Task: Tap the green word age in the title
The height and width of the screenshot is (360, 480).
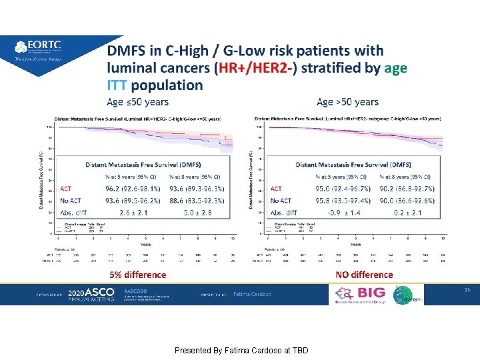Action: tap(395, 68)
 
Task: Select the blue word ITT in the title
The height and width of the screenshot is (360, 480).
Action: tap(117, 85)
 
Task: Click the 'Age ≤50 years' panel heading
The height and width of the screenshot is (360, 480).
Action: tap(138, 102)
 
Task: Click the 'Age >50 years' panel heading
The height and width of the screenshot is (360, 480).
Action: tap(347, 102)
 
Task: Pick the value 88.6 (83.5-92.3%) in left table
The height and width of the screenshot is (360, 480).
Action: tap(197, 200)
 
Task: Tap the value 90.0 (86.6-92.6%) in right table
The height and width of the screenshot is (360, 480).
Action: tap(407, 200)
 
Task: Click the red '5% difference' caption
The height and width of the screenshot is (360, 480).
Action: tap(137, 274)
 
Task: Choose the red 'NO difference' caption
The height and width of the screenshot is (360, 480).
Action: tap(363, 274)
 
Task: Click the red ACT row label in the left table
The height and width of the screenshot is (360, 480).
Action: tap(67, 189)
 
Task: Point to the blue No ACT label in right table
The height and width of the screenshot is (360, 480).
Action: tap(281, 200)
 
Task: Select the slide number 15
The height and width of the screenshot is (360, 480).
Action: tap(467, 289)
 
